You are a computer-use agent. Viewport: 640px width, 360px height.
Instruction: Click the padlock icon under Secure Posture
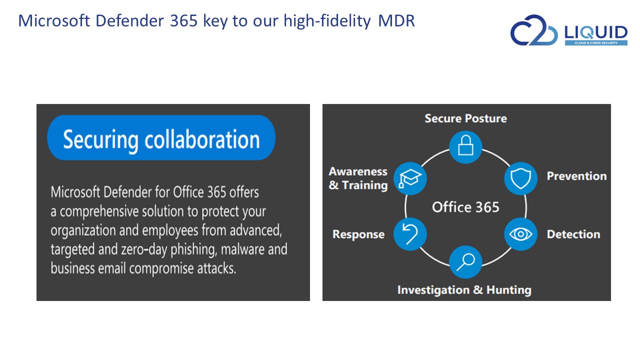click(x=465, y=147)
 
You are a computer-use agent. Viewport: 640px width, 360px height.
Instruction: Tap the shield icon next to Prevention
click(x=520, y=178)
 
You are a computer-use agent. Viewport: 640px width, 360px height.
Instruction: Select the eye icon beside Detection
click(x=520, y=234)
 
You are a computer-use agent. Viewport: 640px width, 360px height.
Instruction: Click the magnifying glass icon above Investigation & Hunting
click(x=465, y=262)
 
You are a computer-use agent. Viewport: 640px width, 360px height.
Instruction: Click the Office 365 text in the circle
click(x=465, y=207)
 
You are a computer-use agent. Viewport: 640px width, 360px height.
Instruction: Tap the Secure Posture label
click(x=465, y=118)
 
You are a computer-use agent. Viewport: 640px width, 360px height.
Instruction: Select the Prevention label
click(x=576, y=176)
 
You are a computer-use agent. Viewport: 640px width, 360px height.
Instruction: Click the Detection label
click(x=573, y=234)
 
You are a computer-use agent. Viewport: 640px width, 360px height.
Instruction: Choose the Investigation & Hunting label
click(x=464, y=290)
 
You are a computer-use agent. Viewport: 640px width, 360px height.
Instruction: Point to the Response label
click(x=358, y=234)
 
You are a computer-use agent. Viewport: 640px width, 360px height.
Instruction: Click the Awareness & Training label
click(x=358, y=178)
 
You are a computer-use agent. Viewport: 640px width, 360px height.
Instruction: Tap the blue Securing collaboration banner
click(x=161, y=137)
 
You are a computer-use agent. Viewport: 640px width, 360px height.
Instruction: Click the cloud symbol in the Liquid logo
click(x=533, y=30)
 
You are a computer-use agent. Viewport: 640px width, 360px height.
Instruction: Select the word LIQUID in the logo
click(x=596, y=32)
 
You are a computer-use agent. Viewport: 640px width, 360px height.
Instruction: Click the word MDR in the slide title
click(x=396, y=20)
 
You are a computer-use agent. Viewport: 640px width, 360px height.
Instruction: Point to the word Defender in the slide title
click(x=129, y=20)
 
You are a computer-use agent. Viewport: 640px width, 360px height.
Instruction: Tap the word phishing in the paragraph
click(x=193, y=249)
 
